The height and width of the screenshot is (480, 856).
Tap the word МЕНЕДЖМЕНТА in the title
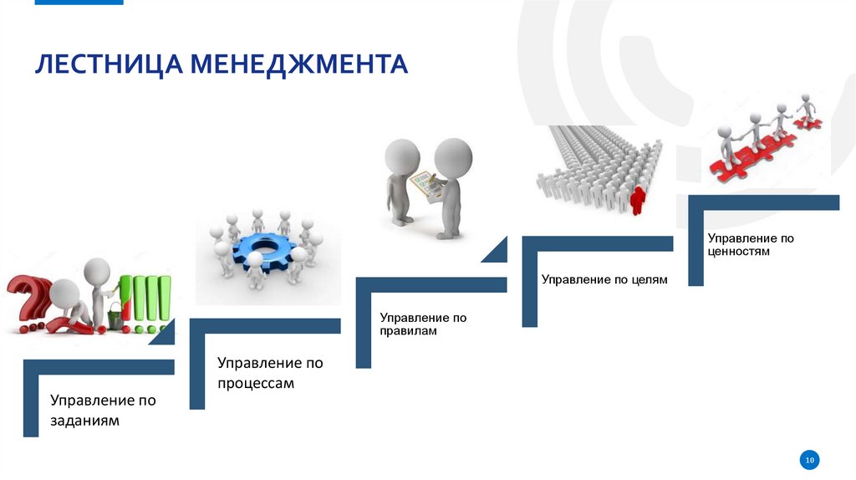tap(298, 64)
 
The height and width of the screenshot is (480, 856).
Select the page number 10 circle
tap(809, 459)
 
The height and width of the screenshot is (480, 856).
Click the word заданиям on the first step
tap(84, 421)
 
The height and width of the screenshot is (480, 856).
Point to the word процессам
tap(256, 383)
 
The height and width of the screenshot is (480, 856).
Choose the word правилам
tap(409, 331)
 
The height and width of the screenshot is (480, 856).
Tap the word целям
tap(649, 279)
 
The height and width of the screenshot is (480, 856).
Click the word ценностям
tap(738, 251)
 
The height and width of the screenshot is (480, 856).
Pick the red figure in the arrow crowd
tap(639, 200)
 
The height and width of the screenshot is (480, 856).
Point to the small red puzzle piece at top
tap(808, 122)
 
